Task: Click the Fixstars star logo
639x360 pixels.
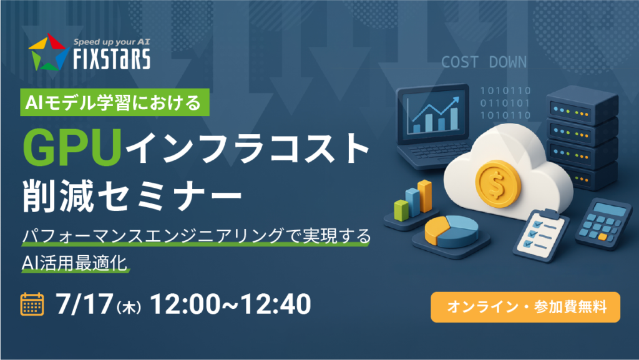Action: [x=47, y=52]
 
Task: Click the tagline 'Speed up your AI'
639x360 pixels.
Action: [x=112, y=42]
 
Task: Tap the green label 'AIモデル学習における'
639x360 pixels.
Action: [x=115, y=102]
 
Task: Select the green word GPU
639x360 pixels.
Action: [x=72, y=147]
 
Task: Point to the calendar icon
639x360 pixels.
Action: [x=32, y=304]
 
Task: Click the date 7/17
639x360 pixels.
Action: [x=84, y=304]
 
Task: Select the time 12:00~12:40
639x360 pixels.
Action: [x=231, y=304]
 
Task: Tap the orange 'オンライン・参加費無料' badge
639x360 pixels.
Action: [x=525, y=307]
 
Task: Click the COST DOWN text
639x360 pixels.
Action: [x=484, y=62]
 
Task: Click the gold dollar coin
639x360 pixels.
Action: [x=497, y=183]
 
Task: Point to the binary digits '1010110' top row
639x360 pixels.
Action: [x=505, y=90]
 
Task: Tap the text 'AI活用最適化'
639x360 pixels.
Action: [x=75, y=263]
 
